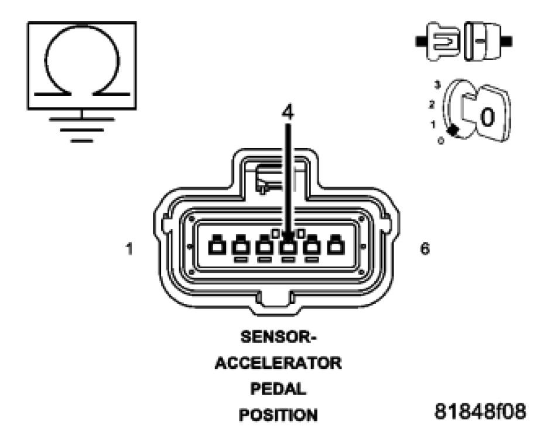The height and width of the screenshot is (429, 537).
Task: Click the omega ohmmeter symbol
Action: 82,65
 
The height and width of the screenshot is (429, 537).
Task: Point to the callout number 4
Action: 287,113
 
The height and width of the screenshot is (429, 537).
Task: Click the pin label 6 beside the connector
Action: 425,250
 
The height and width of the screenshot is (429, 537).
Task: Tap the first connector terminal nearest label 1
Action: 216,246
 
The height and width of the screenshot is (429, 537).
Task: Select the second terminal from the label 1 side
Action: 240,246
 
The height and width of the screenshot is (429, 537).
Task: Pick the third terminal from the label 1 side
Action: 264,246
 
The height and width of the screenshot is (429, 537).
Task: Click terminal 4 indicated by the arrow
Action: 288,246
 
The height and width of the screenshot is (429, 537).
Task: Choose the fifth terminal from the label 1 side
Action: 312,246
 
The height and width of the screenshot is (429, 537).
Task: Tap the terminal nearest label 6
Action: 335,246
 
